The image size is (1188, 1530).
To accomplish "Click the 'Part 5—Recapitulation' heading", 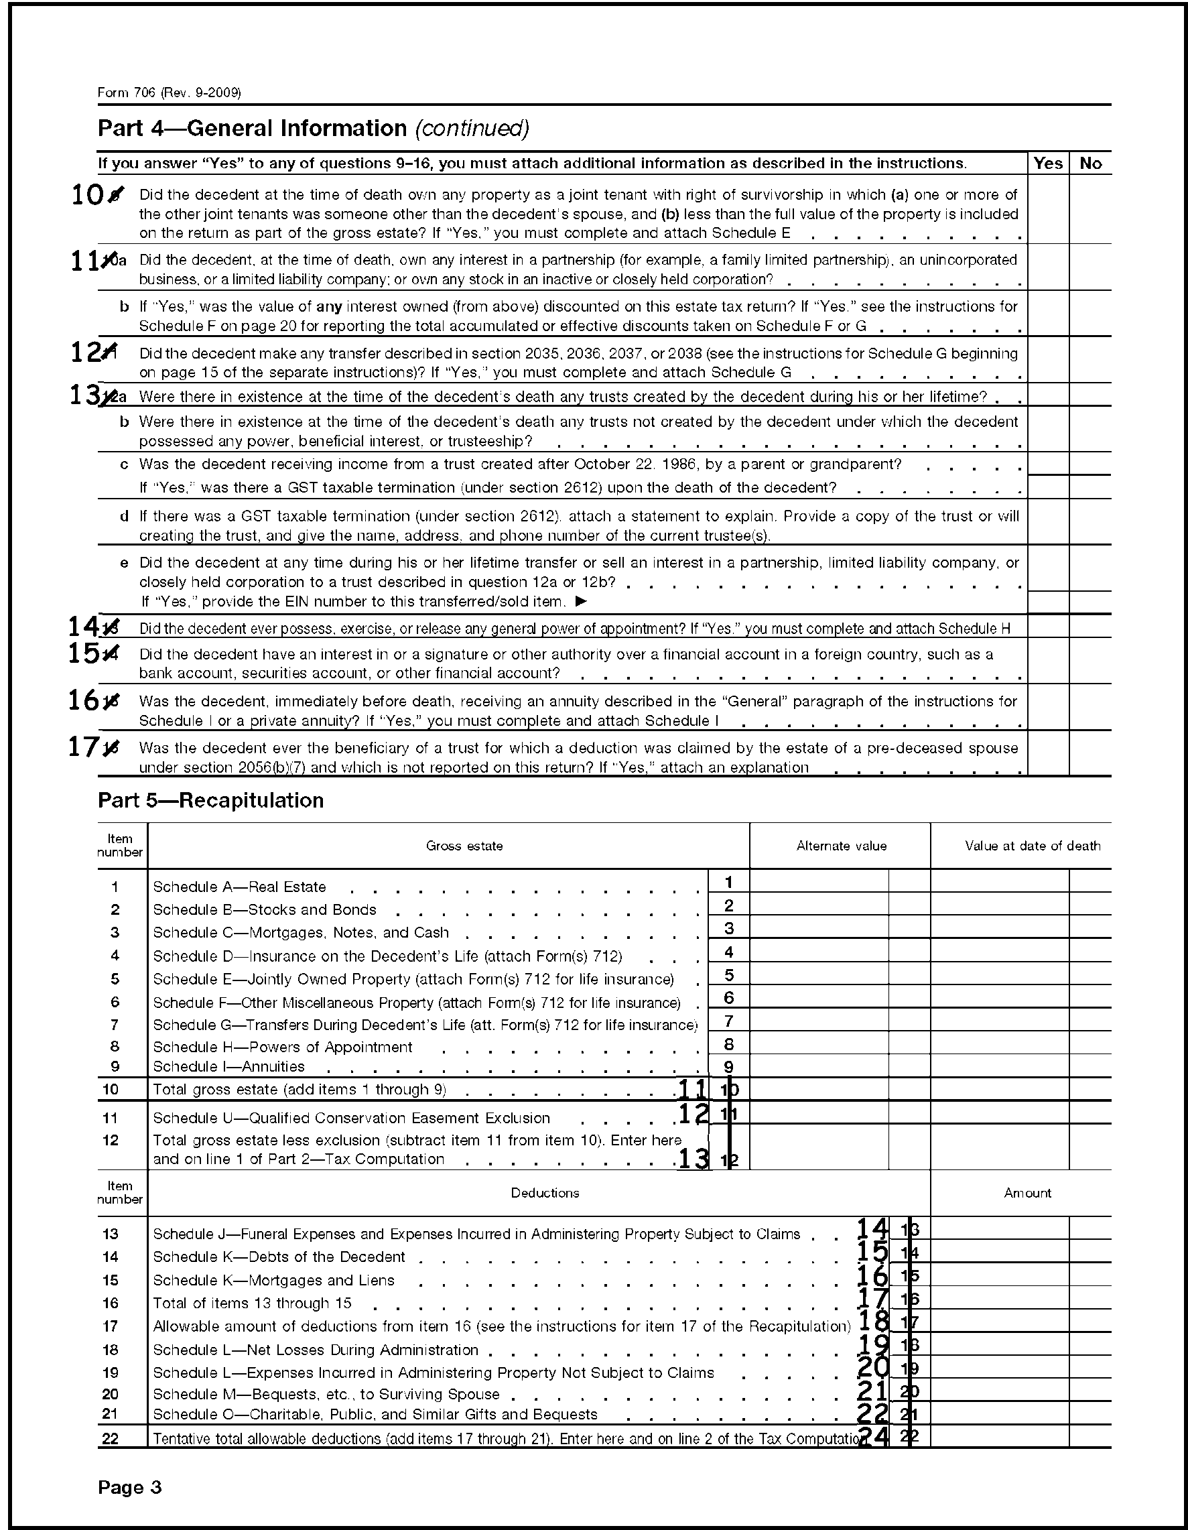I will (210, 801).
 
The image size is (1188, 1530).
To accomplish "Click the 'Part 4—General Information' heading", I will (313, 128).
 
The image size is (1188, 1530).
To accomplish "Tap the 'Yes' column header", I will (1048, 164).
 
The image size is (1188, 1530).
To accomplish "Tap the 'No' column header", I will (1091, 164).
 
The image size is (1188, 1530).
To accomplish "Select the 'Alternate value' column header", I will (842, 846).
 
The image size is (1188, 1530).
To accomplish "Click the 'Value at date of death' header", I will (1032, 846).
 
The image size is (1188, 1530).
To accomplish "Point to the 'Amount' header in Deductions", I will (1027, 1194).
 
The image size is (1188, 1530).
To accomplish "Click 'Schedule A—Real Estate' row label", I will (240, 887).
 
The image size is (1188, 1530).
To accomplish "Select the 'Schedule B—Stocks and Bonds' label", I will (265, 910).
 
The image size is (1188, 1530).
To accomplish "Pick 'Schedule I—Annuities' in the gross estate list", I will (229, 1067).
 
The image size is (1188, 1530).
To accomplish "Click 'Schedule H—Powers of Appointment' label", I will (282, 1047).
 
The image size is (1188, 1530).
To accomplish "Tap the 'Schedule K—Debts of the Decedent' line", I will (279, 1257).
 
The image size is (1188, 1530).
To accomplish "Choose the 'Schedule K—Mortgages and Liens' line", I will (274, 1281).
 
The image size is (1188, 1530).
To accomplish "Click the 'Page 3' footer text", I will (129, 1487).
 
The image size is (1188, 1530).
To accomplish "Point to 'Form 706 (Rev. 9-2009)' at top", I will (170, 92).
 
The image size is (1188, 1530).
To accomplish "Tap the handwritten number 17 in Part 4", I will (83, 747).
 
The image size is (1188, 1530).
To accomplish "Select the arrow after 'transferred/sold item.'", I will (581, 602).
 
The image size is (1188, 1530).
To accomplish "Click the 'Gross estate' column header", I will (464, 846).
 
